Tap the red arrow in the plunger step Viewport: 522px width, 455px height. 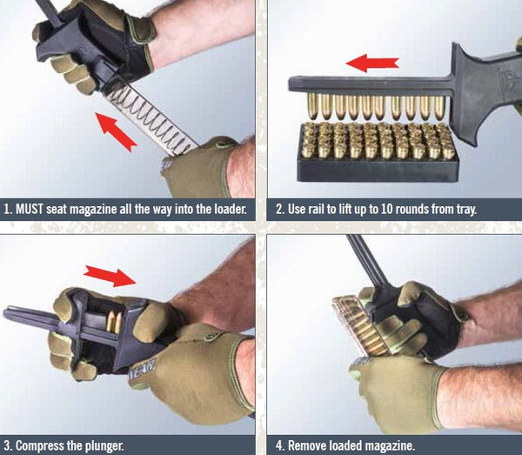pyautogui.click(x=110, y=276)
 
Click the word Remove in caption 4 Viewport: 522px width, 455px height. pyautogui.click(x=307, y=445)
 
